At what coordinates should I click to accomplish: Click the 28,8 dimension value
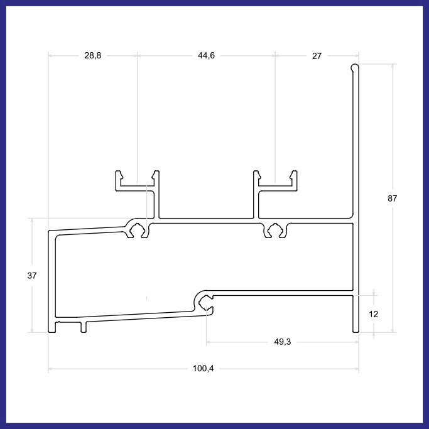click(93, 55)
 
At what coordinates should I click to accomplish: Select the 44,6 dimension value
click(206, 55)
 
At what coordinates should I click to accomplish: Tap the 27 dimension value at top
click(317, 56)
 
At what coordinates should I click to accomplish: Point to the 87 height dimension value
click(392, 198)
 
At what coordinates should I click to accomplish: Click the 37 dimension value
click(32, 276)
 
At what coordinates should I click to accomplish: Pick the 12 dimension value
click(374, 314)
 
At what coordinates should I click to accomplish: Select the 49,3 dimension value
click(283, 342)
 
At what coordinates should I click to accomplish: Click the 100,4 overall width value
click(204, 369)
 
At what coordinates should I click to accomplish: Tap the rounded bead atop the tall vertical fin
click(355, 67)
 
